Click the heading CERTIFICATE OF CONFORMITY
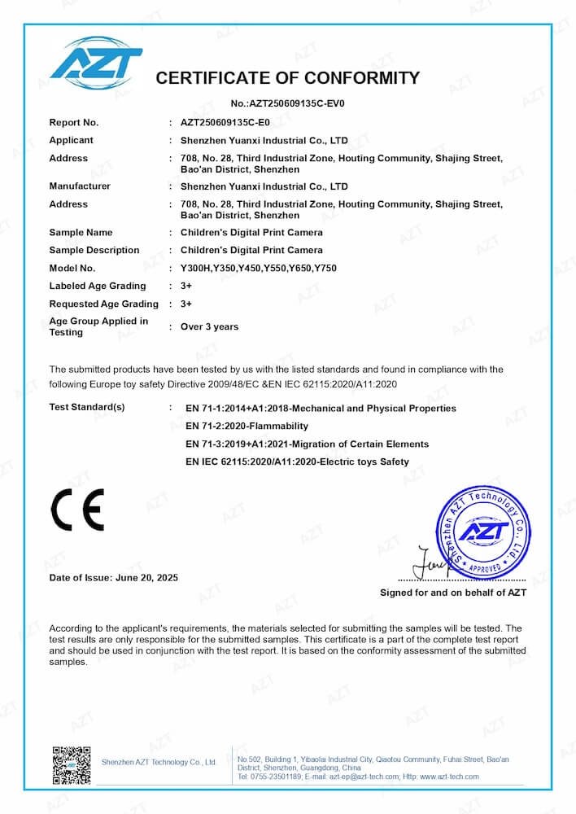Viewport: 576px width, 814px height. [287, 78]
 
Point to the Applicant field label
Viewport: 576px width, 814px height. [71, 140]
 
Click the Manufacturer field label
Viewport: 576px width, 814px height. [80, 186]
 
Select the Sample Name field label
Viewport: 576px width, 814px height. [81, 233]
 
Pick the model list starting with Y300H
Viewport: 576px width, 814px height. [258, 268]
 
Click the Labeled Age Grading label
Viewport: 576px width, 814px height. [98, 286]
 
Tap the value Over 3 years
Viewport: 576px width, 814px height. [209, 326]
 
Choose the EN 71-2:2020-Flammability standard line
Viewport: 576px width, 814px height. [247, 426]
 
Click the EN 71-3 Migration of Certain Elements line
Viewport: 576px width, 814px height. [307, 444]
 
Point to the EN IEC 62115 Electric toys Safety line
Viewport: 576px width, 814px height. [297, 462]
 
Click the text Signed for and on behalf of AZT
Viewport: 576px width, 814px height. [452, 593]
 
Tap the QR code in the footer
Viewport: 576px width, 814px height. [71, 764]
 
